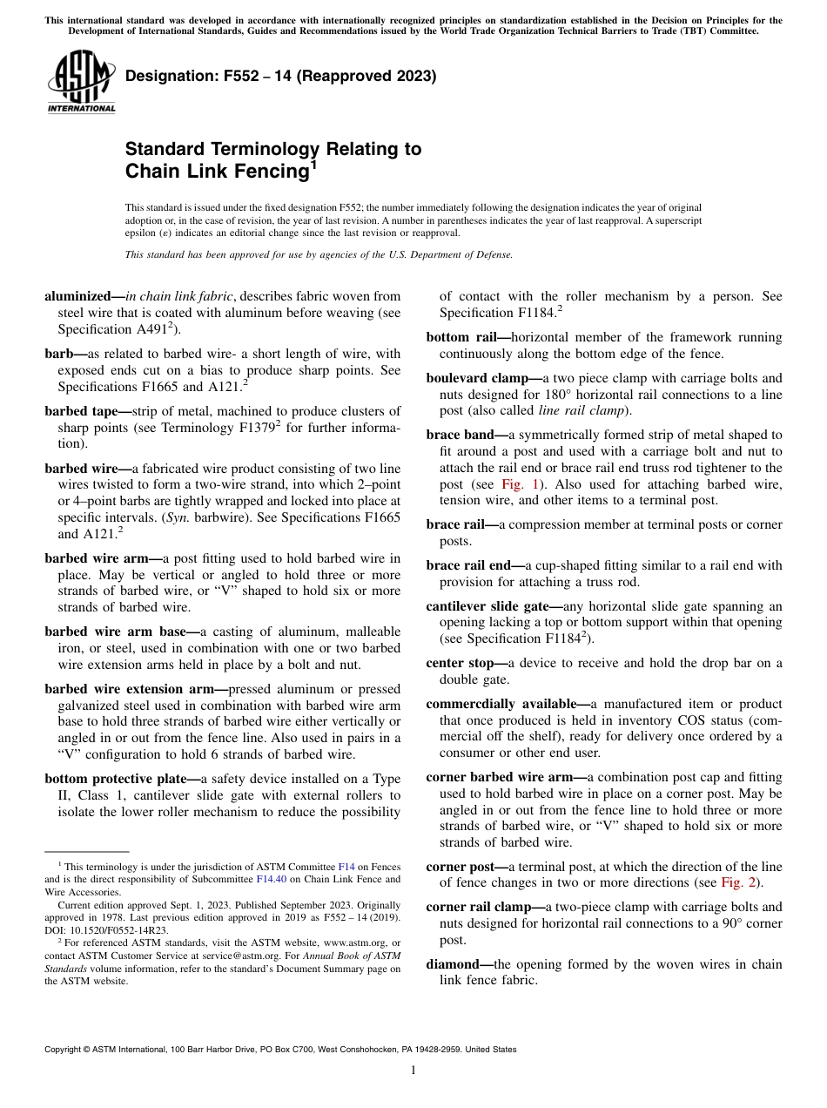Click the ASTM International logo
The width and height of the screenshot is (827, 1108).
[x=81, y=82]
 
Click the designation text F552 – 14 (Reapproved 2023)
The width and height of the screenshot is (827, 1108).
[x=280, y=77]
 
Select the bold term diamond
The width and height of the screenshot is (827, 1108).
[x=453, y=964]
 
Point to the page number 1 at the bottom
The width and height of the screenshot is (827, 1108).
[x=413, y=1070]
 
